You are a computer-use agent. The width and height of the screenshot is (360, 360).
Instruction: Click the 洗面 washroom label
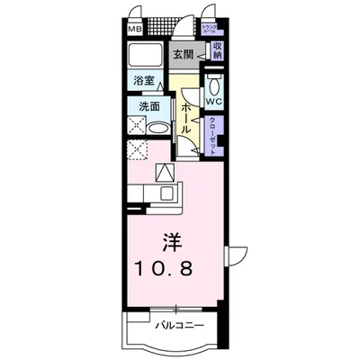[148, 106]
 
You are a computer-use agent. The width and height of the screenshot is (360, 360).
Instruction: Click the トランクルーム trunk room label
[211, 28]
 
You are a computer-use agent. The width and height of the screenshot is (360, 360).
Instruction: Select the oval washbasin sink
[157, 127]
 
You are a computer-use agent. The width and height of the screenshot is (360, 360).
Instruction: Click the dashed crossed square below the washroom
[138, 149]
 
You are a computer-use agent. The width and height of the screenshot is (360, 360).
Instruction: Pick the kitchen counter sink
[167, 191]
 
